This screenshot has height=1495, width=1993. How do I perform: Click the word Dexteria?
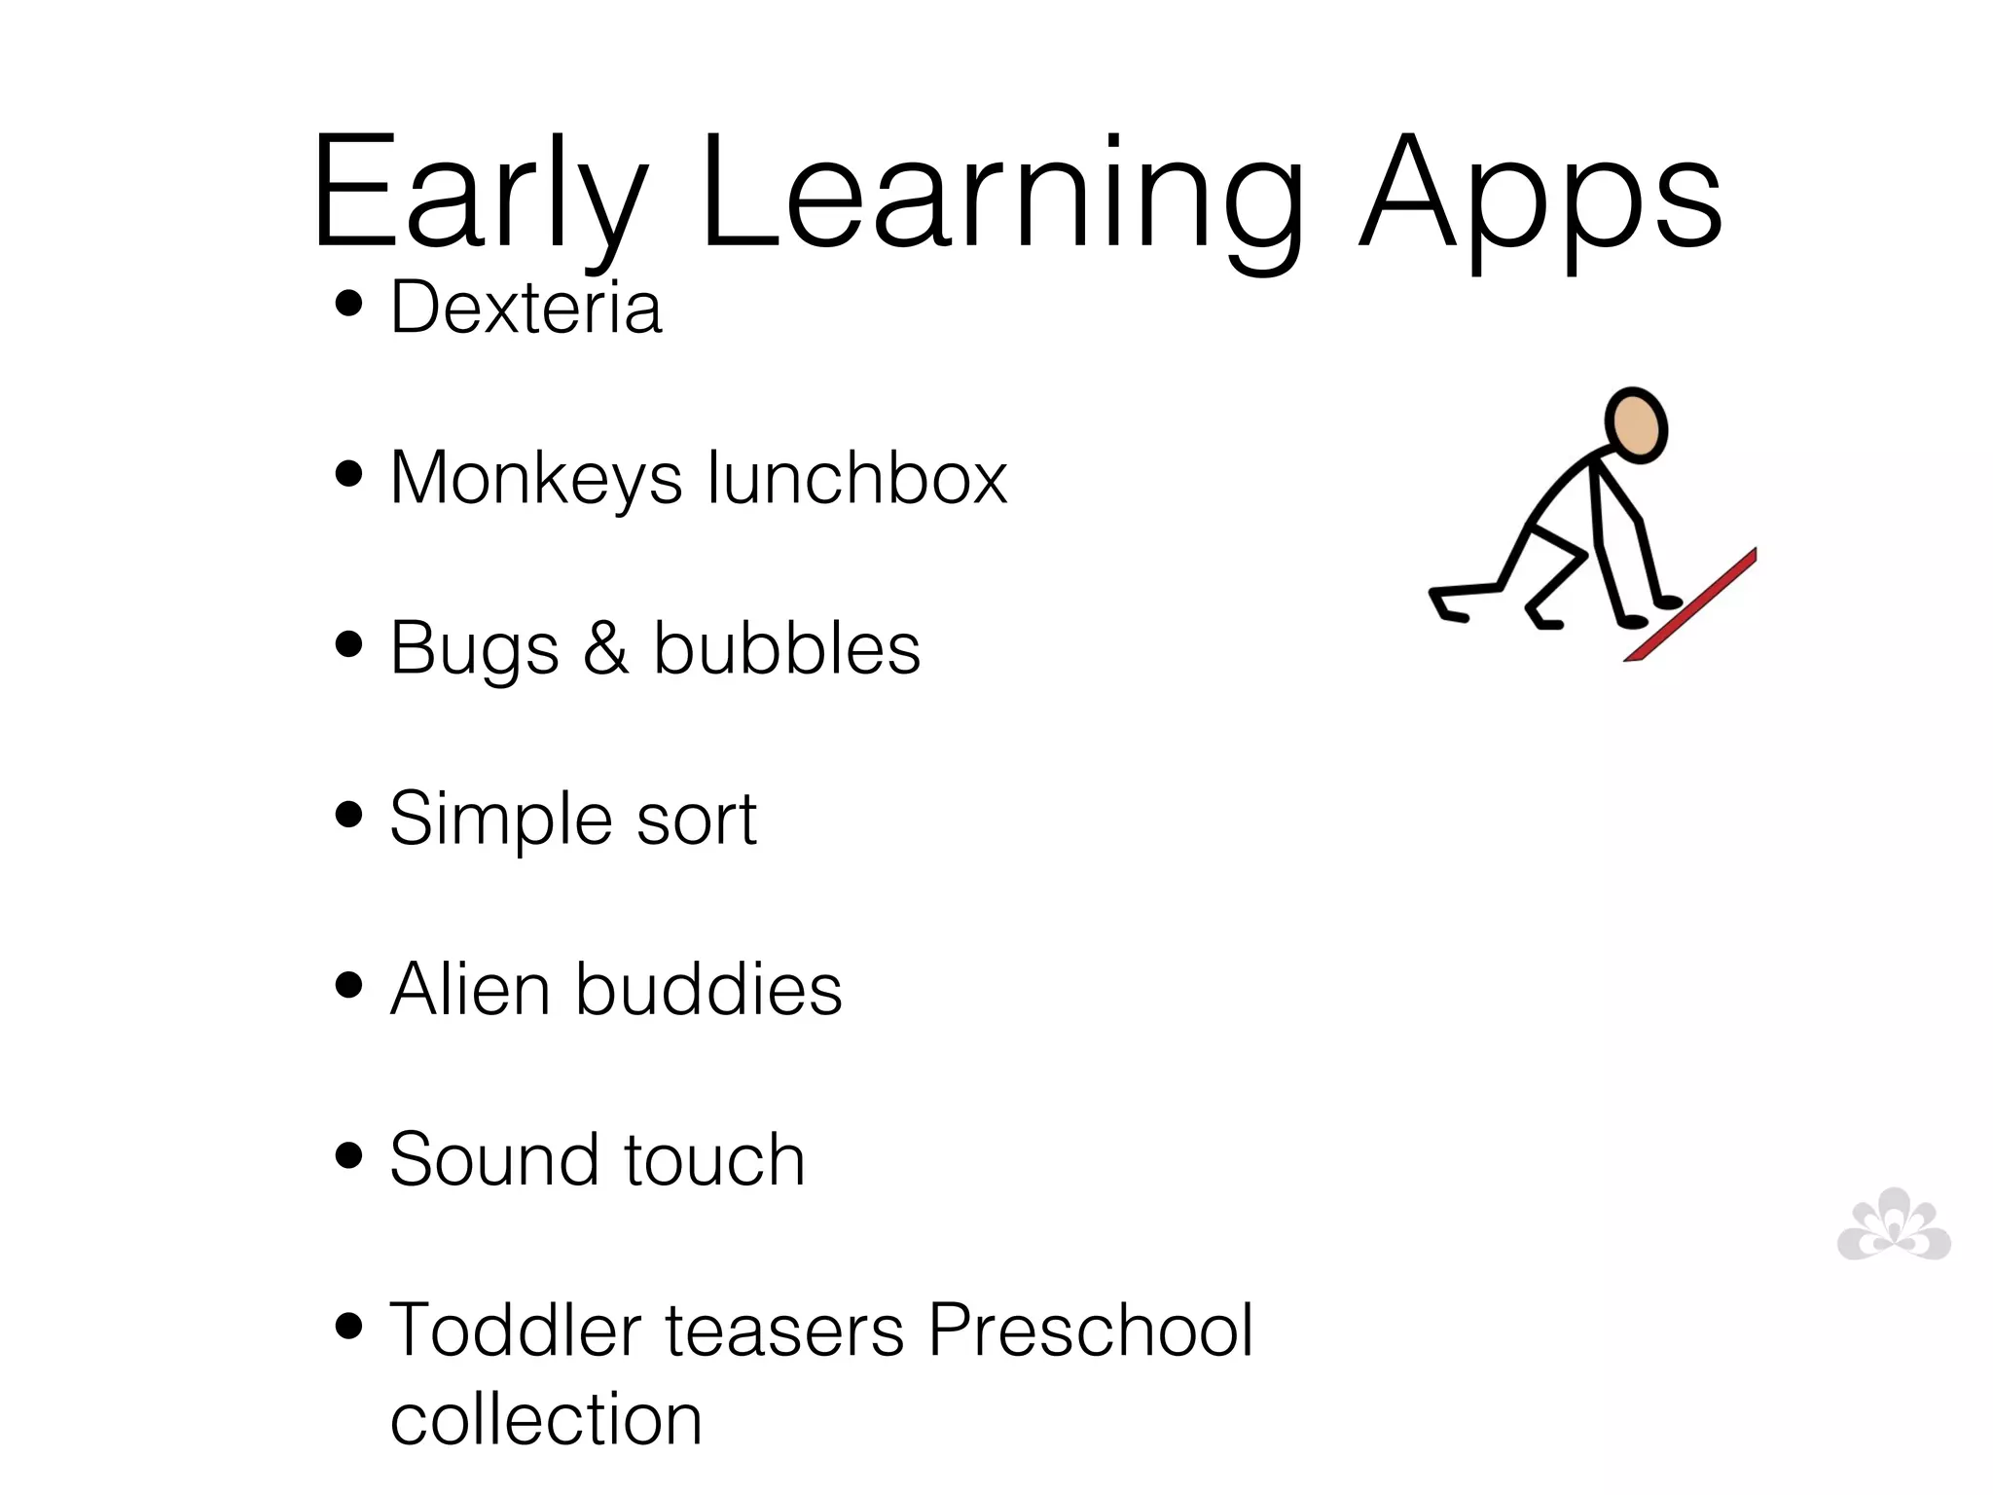point(525,308)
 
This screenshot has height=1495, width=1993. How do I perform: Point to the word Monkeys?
point(536,478)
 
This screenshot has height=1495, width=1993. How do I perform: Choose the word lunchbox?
point(857,478)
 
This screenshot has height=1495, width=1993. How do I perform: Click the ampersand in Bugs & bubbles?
point(605,648)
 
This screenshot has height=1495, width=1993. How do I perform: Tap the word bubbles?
point(786,648)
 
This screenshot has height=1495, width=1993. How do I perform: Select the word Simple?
point(501,819)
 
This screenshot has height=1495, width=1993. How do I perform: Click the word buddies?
point(708,989)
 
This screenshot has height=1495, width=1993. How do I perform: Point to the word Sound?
point(494,1159)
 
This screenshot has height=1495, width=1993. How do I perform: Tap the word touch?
point(714,1159)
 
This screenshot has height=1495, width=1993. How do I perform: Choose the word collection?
point(546,1419)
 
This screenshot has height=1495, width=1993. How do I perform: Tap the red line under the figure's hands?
point(1691,605)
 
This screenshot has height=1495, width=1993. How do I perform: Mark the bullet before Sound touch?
point(347,1156)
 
